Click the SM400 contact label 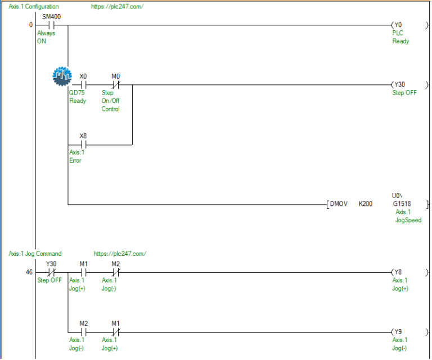point(51,17)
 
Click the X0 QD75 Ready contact point(83,85)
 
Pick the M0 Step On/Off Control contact point(115,85)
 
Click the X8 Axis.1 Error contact point(83,145)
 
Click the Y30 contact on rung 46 point(51,272)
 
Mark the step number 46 point(29,272)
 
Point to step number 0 point(31,25)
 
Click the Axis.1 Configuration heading point(34,7)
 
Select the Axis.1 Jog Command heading point(35,254)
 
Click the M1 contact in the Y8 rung point(83,272)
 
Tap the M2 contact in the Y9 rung point(83,332)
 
